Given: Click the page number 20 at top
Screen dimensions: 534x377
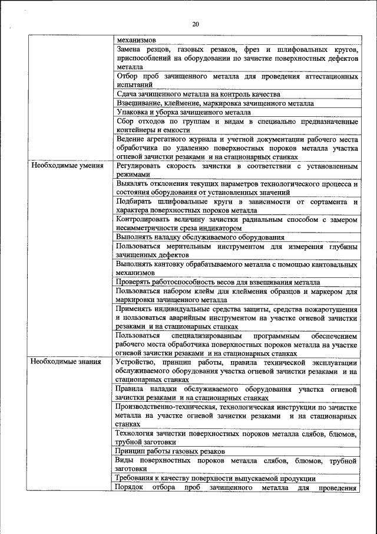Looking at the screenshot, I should (196, 24).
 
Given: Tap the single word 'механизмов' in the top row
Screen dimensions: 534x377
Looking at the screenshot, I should (136, 40).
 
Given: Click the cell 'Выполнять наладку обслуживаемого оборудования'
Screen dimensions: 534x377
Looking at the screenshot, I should (200, 237).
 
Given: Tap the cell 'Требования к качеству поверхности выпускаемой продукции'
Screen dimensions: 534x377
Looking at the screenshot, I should (216, 479).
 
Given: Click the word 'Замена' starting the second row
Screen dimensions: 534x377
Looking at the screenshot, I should (130, 50).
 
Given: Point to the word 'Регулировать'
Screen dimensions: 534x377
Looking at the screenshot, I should (140, 166).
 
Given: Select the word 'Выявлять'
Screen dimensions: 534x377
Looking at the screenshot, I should (134, 184).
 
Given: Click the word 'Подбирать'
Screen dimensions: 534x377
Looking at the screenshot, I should (135, 202).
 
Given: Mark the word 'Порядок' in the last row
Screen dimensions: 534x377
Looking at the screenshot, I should (130, 487).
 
